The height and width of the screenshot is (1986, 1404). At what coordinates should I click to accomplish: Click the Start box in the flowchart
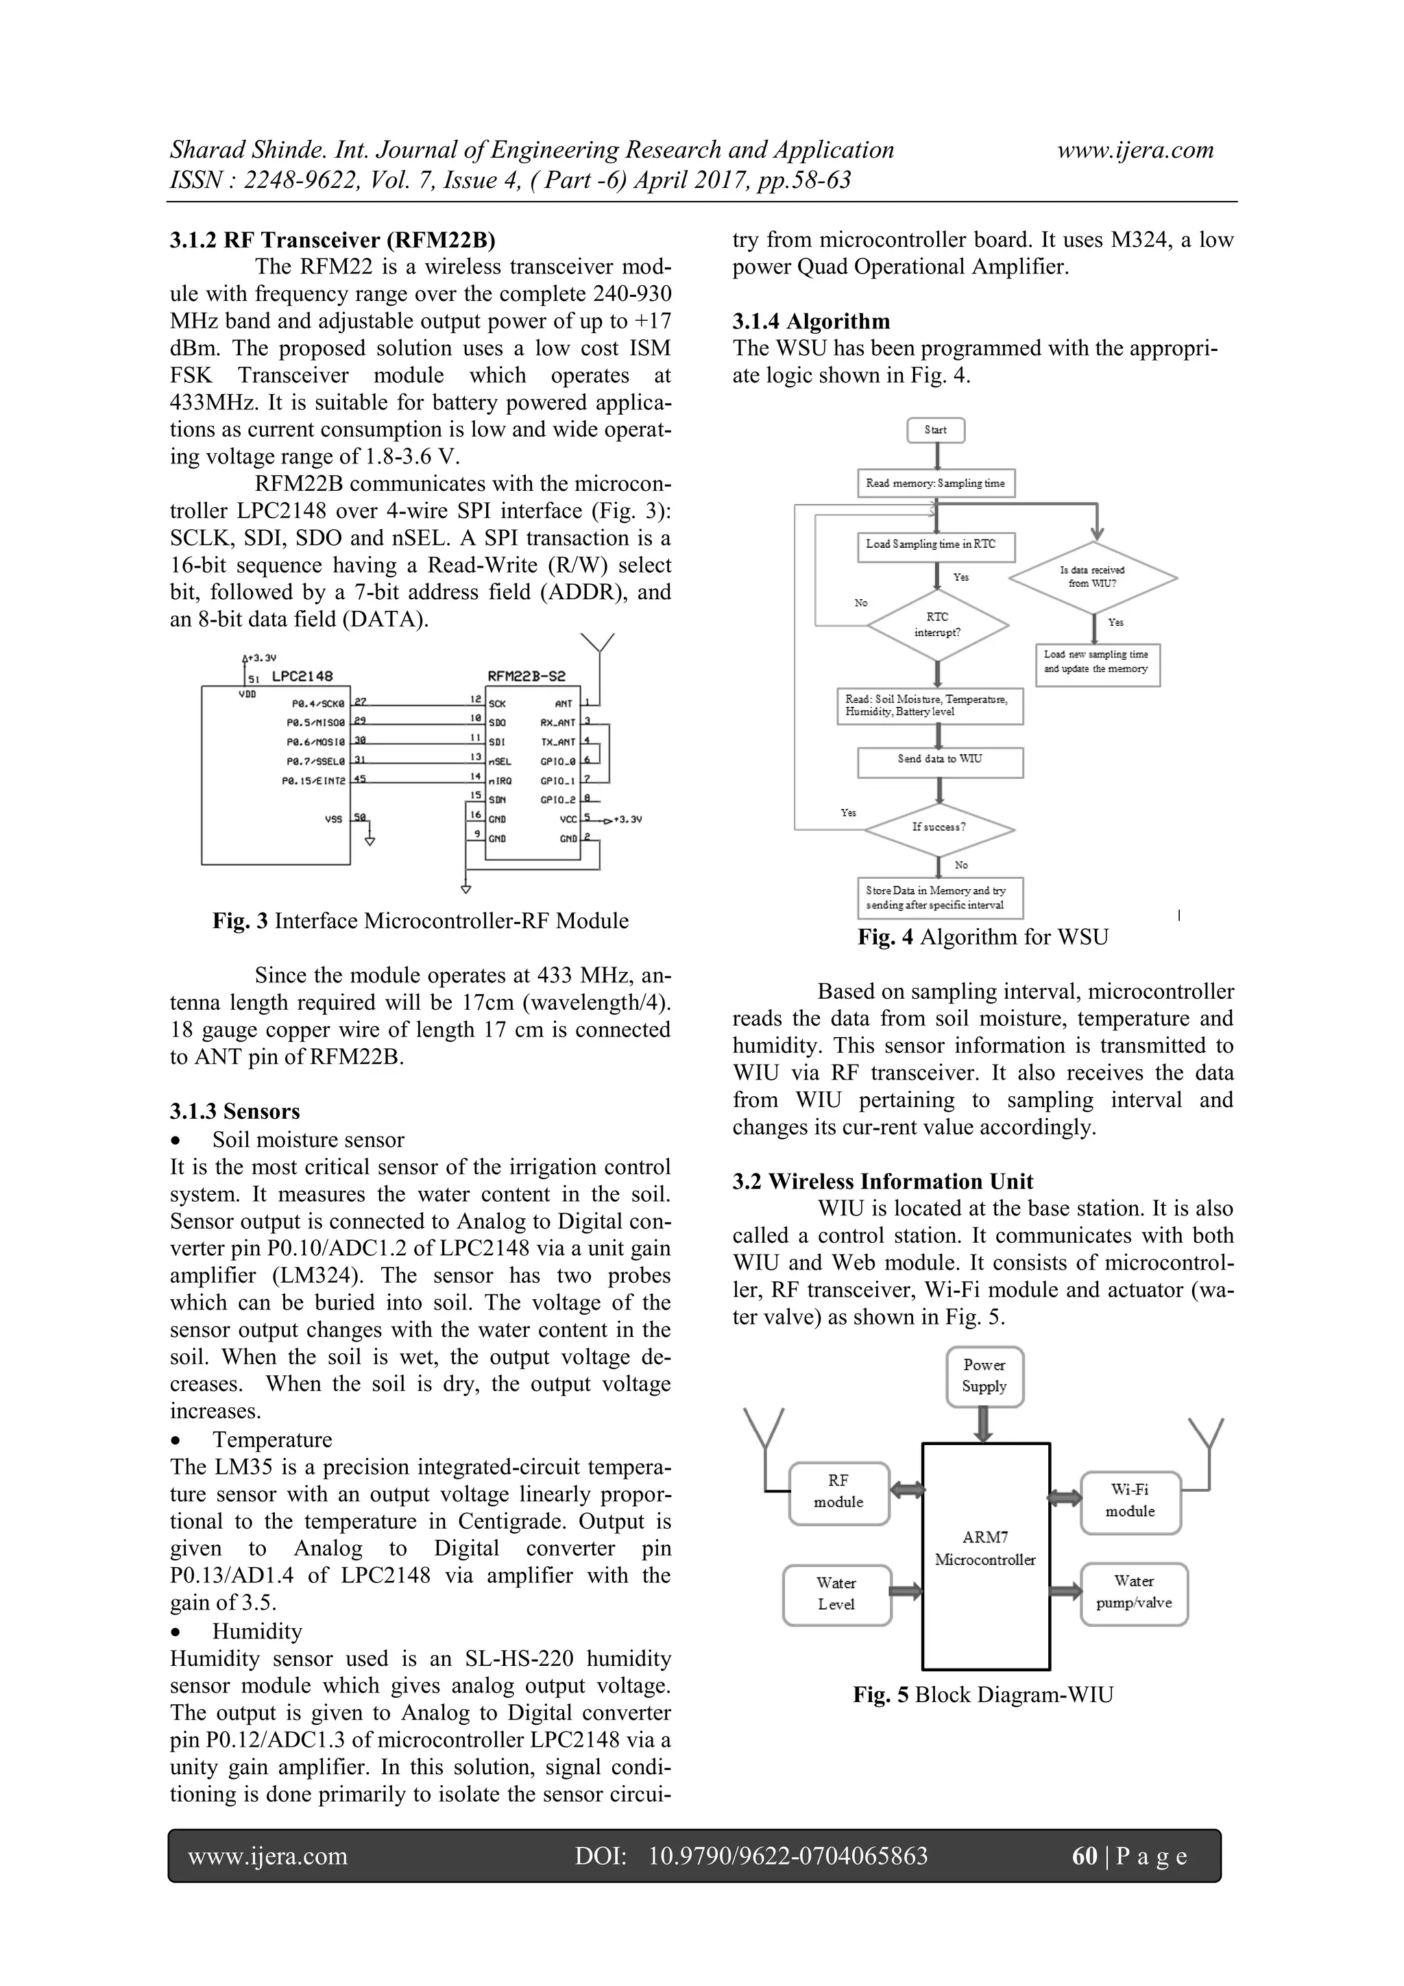click(935, 430)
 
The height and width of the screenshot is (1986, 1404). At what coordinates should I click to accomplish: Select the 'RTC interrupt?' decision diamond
click(938, 625)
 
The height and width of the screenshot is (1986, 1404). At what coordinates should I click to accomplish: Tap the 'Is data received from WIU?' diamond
click(1093, 577)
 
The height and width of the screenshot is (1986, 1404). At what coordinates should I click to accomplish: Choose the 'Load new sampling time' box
click(1097, 664)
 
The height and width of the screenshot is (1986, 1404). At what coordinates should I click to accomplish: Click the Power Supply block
click(984, 1376)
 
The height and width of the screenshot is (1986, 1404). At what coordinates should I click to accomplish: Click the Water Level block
click(836, 1594)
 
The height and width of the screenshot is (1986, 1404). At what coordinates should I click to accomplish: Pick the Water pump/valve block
click(1134, 1593)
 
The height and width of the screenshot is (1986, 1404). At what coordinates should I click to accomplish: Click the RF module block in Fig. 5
click(838, 1493)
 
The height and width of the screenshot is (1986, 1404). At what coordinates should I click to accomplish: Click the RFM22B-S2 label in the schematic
click(526, 677)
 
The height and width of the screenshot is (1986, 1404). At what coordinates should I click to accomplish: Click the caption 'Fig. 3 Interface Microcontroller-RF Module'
click(420, 921)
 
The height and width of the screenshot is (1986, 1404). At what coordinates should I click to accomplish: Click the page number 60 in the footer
click(1084, 1856)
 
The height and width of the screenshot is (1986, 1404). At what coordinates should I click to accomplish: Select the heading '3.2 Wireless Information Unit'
click(882, 1182)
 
